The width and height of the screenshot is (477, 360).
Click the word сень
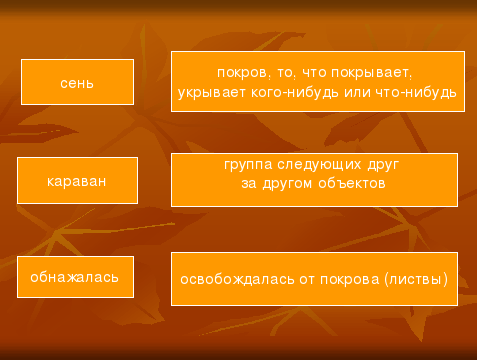77,83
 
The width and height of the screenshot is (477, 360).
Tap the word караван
77,181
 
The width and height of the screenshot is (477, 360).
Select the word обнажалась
74,277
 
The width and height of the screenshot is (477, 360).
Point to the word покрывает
372,73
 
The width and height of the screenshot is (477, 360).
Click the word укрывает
212,92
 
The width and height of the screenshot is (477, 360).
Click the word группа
248,165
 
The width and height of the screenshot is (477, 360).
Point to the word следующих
319,165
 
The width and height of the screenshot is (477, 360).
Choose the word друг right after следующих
383,165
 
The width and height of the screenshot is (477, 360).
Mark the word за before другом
249,183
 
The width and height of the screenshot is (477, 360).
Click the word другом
288,184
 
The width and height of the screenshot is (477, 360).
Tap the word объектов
352,183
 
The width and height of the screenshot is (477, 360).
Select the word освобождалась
237,279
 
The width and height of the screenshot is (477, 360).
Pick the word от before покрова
307,280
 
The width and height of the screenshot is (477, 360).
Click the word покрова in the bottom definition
350,280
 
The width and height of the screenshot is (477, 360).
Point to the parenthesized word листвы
416,279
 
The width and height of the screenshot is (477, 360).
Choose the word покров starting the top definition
242,73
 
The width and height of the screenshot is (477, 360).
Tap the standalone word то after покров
285,73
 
